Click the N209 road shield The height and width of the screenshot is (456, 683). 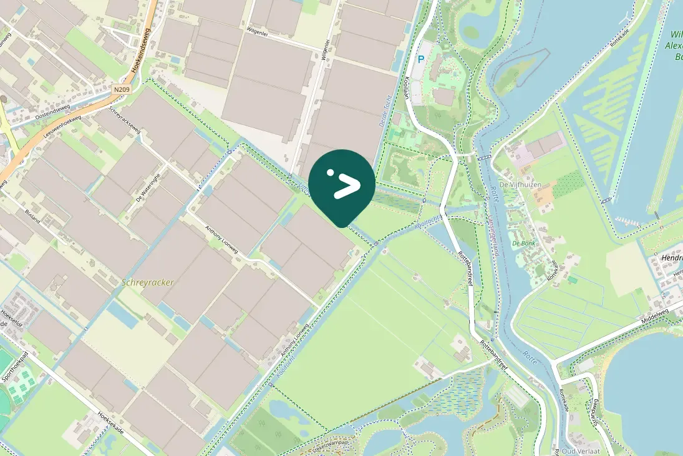coord(122,91)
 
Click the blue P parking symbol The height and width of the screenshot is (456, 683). coord(421,59)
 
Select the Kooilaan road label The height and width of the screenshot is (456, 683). coord(405,87)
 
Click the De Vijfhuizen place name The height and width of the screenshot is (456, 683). coord(519,185)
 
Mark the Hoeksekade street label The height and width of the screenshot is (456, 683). coord(110,422)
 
